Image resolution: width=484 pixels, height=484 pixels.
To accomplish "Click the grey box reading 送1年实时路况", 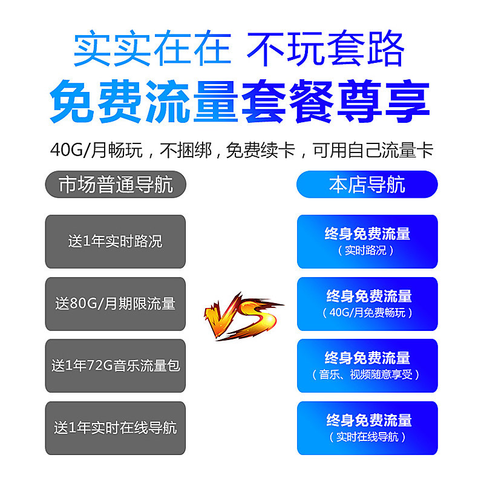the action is tap(115, 241).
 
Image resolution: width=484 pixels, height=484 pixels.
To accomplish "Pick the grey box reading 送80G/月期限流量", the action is tap(115, 304).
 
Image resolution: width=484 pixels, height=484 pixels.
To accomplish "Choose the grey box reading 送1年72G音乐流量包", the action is tap(115, 365).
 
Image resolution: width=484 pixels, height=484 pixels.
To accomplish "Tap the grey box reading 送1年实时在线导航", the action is tap(115, 428).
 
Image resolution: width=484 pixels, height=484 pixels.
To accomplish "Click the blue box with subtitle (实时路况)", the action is tap(367, 241).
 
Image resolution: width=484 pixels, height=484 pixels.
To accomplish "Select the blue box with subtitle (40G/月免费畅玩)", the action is tap(367, 304).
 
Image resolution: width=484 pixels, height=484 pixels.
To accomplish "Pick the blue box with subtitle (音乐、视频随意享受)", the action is tap(367, 365).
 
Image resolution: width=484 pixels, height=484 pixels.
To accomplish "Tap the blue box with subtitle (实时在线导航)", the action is tap(367, 428).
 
